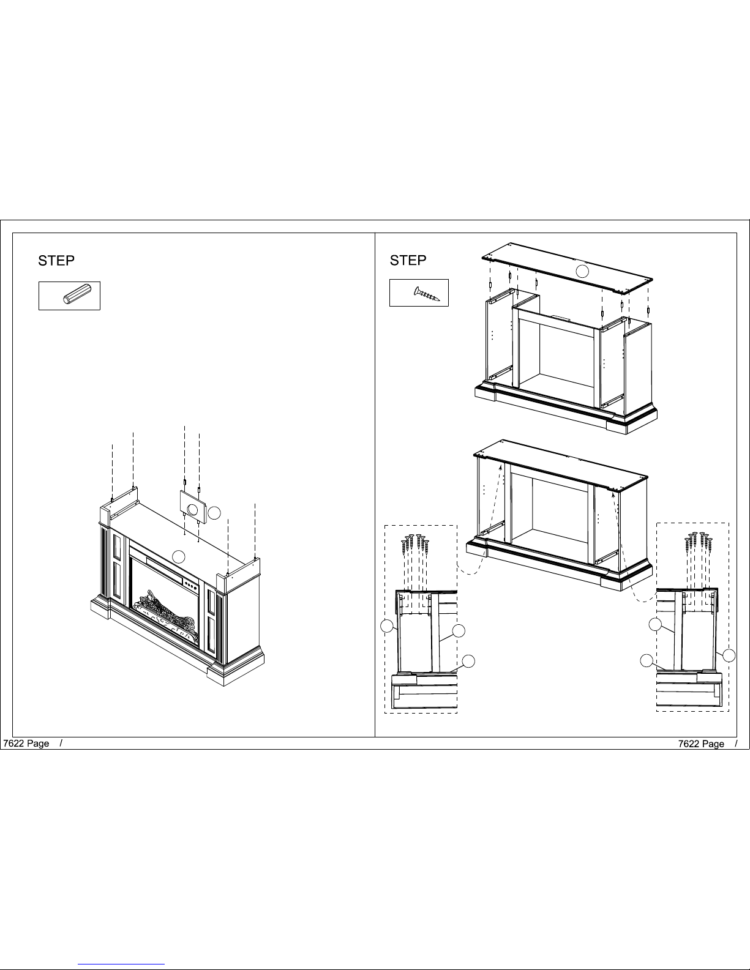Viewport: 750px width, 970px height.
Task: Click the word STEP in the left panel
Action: point(56,261)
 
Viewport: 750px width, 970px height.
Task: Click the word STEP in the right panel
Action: point(408,260)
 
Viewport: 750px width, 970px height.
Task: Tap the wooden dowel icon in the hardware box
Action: point(77,294)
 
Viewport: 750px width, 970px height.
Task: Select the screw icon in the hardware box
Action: point(427,294)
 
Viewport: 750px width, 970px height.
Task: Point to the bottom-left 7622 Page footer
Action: point(26,743)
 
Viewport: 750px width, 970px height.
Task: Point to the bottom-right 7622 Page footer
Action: point(701,744)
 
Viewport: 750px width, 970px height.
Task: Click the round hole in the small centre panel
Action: point(192,509)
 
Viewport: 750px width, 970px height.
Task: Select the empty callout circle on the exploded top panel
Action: point(582,271)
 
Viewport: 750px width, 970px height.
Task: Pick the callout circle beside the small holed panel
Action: point(214,513)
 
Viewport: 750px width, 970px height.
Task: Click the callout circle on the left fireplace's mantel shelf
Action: point(179,557)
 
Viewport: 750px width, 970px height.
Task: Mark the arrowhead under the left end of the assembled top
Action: point(501,466)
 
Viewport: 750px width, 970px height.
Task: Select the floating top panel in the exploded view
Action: point(567,268)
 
